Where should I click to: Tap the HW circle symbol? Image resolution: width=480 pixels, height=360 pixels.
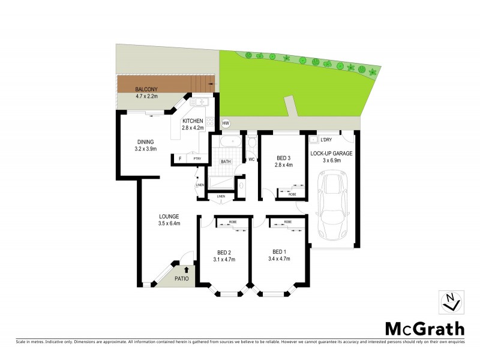coord(226,124)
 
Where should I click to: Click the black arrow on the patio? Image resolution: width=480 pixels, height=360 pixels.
coord(185,269)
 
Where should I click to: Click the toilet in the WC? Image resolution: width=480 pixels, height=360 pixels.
coord(252,142)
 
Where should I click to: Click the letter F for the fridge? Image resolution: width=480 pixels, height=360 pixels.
coord(179,159)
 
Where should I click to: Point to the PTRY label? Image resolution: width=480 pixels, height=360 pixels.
coord(197,159)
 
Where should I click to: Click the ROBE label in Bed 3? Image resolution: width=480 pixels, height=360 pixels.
coord(292,194)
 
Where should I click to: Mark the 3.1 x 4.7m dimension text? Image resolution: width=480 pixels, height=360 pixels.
coord(224,259)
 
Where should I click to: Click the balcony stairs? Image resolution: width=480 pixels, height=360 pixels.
coord(201,83)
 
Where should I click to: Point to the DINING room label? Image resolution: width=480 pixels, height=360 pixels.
coord(146,142)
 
